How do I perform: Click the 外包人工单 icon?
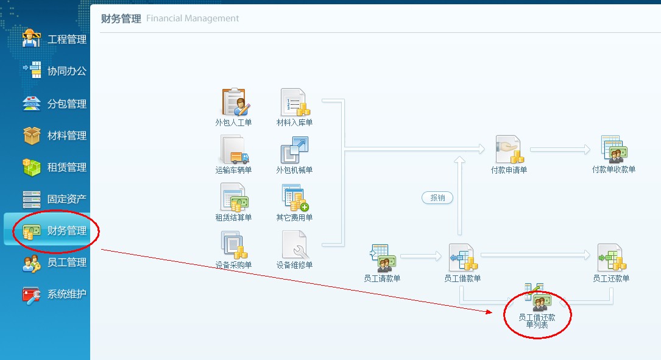(x=234, y=102)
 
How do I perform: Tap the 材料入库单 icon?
(x=294, y=102)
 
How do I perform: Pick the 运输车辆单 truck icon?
(x=234, y=150)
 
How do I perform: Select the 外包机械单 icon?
(x=294, y=150)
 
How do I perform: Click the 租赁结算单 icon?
(x=234, y=197)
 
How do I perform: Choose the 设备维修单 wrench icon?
(x=294, y=245)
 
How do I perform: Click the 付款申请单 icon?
(x=508, y=150)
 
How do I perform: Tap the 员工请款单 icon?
(x=382, y=258)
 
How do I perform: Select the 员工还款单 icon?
(x=611, y=258)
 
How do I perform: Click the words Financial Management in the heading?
(x=193, y=18)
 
